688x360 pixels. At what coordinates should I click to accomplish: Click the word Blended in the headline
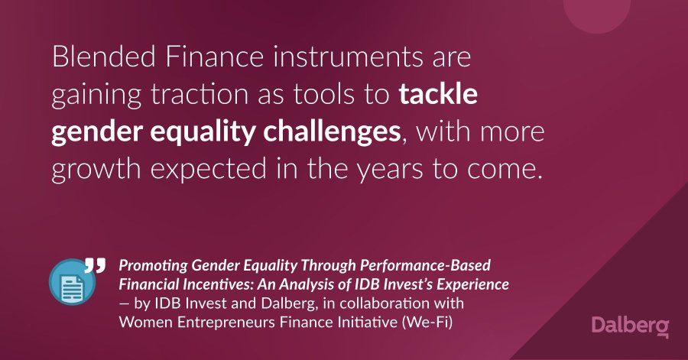(103, 57)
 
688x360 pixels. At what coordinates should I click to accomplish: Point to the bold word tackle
(438, 93)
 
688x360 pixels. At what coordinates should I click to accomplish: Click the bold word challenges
(332, 131)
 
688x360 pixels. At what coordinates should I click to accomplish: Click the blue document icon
(73, 281)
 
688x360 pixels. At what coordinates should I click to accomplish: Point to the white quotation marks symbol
(95, 265)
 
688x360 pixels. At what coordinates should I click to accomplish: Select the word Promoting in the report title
(153, 266)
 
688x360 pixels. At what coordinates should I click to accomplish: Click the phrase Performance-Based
(425, 265)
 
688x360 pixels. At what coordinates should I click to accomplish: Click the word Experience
(473, 284)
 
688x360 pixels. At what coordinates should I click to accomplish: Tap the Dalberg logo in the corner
(630, 326)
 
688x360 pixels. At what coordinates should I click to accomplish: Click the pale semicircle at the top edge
(597, 15)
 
